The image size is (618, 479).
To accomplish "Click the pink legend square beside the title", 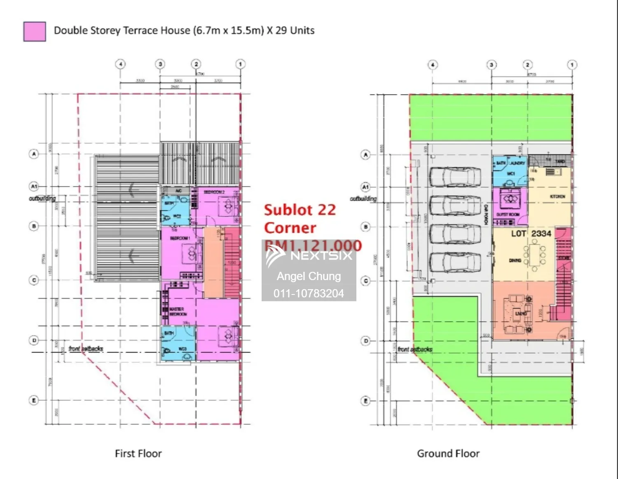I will [35, 32].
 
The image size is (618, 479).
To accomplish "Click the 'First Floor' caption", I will [138, 453].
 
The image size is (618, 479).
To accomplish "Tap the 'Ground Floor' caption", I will [448, 453].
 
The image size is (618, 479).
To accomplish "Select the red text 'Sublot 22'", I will [300, 210].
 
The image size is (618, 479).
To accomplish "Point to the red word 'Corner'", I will [290, 228].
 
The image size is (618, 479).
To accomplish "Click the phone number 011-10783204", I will [309, 293].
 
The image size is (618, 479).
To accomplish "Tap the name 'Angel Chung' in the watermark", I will [309, 276].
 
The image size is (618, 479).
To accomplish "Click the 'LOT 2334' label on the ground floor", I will [531, 234].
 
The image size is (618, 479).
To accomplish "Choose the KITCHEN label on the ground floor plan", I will [557, 196].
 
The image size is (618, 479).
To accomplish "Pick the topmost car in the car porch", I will [455, 177].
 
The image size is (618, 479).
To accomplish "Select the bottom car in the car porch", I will [455, 262].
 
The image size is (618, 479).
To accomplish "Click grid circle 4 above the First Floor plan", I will [120, 64].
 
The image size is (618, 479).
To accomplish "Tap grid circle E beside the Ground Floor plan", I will [365, 401].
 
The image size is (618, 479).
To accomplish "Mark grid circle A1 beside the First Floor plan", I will [34, 187].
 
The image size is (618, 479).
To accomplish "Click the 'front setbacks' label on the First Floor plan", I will [86, 349].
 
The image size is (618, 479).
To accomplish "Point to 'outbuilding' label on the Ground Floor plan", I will [363, 199].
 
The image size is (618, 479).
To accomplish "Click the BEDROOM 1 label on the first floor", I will [180, 238].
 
